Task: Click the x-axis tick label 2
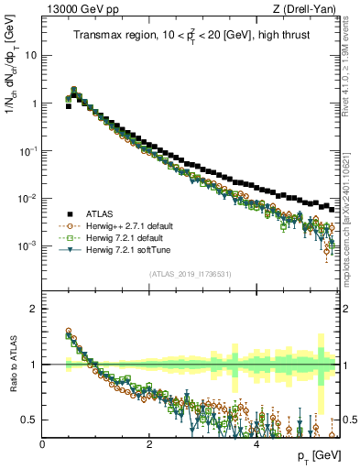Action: click(x=149, y=444)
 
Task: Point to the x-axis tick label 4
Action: click(x=256, y=444)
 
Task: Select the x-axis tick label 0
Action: click(x=43, y=444)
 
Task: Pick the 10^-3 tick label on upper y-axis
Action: click(x=27, y=246)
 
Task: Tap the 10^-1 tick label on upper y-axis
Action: click(x=27, y=150)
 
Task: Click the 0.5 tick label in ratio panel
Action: click(x=29, y=420)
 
